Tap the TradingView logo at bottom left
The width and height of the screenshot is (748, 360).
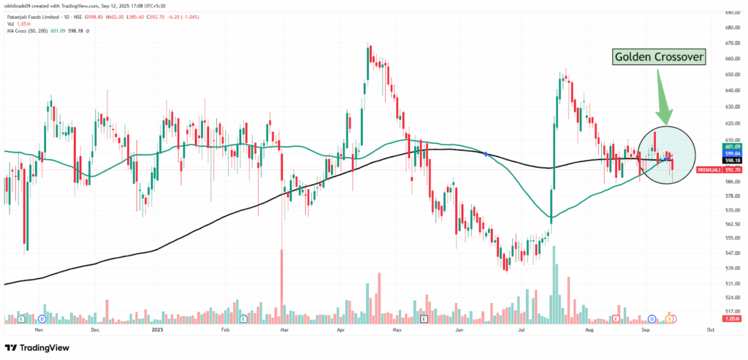click(x=33, y=347)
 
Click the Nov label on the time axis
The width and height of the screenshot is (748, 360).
click(x=38, y=329)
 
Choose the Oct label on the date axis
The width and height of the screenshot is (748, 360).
click(x=710, y=329)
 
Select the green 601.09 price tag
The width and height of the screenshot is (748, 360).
click(x=711, y=147)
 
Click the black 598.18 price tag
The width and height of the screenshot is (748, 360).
click(x=711, y=161)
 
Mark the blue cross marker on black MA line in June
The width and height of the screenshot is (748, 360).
click(x=486, y=153)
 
